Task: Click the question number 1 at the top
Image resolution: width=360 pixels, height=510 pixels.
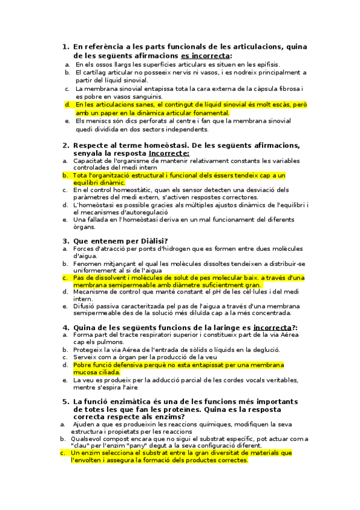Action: point(65,46)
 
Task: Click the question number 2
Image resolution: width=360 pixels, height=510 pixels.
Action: point(65,144)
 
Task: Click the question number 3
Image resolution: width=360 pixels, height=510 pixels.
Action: point(65,241)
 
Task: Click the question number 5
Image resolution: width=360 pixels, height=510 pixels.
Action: point(65,401)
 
